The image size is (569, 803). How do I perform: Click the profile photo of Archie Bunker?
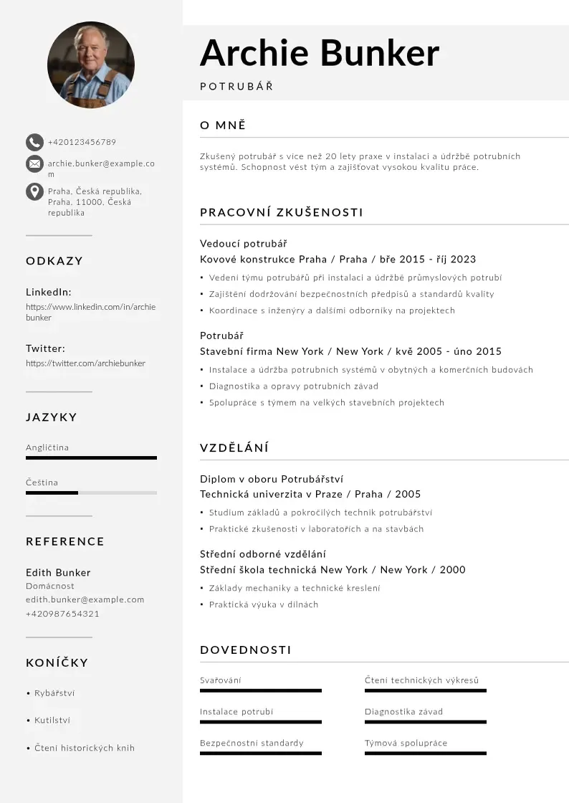(91, 65)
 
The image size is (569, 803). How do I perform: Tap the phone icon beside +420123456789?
(34, 142)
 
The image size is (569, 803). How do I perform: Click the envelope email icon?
(34, 164)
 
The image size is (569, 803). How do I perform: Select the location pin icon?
(34, 191)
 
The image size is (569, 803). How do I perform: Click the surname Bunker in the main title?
(379, 53)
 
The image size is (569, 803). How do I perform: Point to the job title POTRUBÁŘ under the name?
(236, 87)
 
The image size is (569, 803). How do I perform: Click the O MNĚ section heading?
(223, 125)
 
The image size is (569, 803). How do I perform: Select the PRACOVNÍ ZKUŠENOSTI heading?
(282, 212)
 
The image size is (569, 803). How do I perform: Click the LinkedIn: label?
(49, 292)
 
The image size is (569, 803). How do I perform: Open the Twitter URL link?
(85, 364)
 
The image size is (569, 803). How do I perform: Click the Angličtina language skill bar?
(91, 457)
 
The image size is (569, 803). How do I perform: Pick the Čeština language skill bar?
(91, 493)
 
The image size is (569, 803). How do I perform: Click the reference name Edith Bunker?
(58, 572)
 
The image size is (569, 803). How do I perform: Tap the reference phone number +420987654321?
(62, 614)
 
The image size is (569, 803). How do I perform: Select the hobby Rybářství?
(54, 693)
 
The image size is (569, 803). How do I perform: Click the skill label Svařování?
(221, 680)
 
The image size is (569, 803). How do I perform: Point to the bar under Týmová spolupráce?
(426, 754)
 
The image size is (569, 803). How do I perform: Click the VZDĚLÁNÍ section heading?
(234, 448)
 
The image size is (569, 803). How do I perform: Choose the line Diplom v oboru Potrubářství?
(272, 479)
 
